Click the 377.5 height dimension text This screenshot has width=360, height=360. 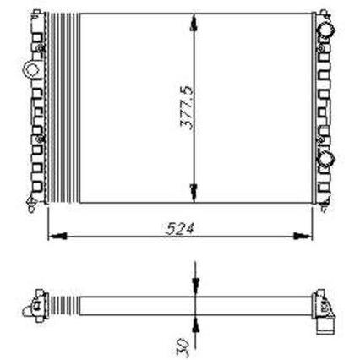coord(187,107)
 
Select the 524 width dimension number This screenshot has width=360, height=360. coord(180,228)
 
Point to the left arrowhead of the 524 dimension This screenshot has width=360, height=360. coord(57,236)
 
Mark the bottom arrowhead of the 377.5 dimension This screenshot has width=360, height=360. coord(194,194)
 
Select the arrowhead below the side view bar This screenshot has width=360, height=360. coord(195,324)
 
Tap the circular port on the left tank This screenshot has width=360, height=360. coord(31,69)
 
